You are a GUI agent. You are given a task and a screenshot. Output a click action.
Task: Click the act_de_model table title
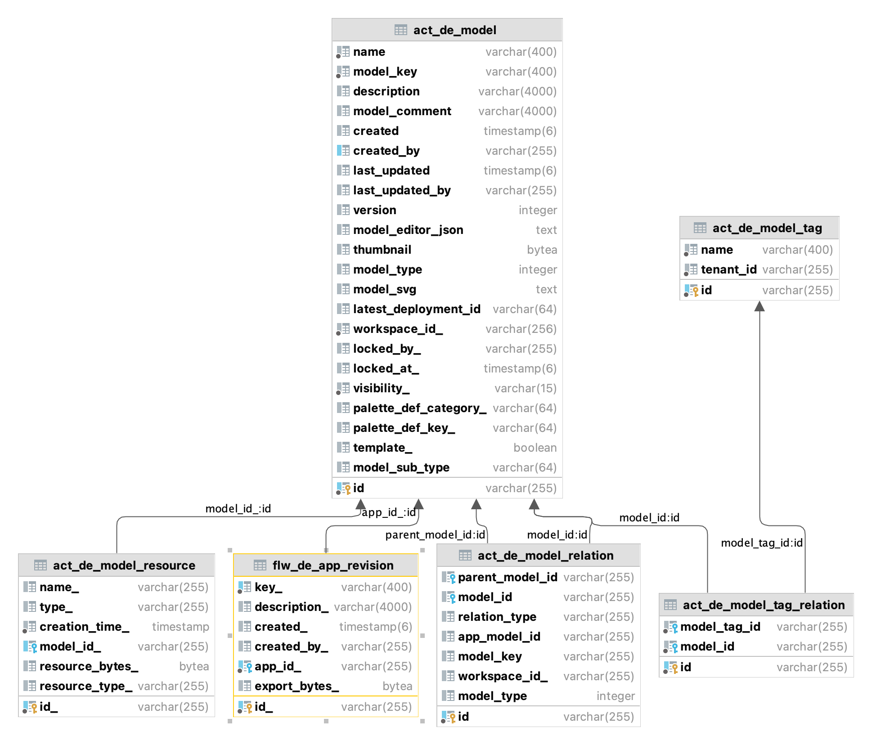454,30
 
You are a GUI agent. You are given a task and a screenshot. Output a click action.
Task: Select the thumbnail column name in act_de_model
382,250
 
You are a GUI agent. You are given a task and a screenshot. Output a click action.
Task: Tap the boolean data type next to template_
535,448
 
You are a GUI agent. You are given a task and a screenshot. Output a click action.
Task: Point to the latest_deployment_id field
416,309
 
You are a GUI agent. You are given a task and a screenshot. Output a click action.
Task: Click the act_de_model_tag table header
767,228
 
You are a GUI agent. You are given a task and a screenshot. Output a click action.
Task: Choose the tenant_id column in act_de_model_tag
728,269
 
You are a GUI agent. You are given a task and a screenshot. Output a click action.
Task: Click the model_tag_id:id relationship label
761,543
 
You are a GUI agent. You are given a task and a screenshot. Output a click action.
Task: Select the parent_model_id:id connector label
435,534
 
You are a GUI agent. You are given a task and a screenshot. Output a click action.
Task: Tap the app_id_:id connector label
388,512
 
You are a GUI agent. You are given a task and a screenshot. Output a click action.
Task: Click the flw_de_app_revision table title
333,565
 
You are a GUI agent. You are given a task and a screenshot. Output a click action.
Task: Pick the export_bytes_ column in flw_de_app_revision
296,686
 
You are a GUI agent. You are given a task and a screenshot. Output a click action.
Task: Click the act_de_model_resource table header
124,565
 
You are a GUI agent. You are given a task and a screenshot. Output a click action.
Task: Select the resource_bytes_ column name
89,666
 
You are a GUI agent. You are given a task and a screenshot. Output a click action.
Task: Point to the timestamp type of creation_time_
180,627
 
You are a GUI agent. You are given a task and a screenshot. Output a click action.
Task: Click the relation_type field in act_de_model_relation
497,617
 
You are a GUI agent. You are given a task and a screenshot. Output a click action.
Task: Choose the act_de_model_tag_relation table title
764,605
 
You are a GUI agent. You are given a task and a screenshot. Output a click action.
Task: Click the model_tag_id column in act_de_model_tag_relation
720,627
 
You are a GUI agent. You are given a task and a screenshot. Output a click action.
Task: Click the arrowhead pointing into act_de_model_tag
760,306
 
